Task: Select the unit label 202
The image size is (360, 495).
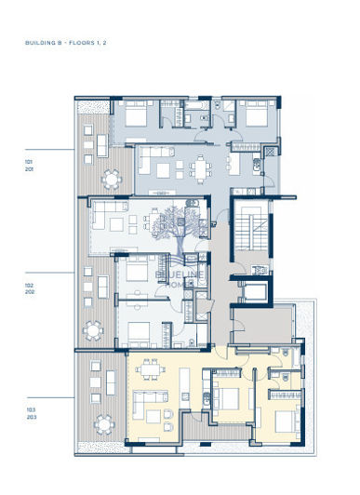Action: [x=29, y=292]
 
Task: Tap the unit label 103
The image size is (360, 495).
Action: [x=31, y=409]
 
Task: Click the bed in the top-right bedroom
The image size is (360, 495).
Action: [x=249, y=115]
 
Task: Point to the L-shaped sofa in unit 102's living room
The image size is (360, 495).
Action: [x=106, y=222]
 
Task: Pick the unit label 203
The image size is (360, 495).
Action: [x=31, y=418]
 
